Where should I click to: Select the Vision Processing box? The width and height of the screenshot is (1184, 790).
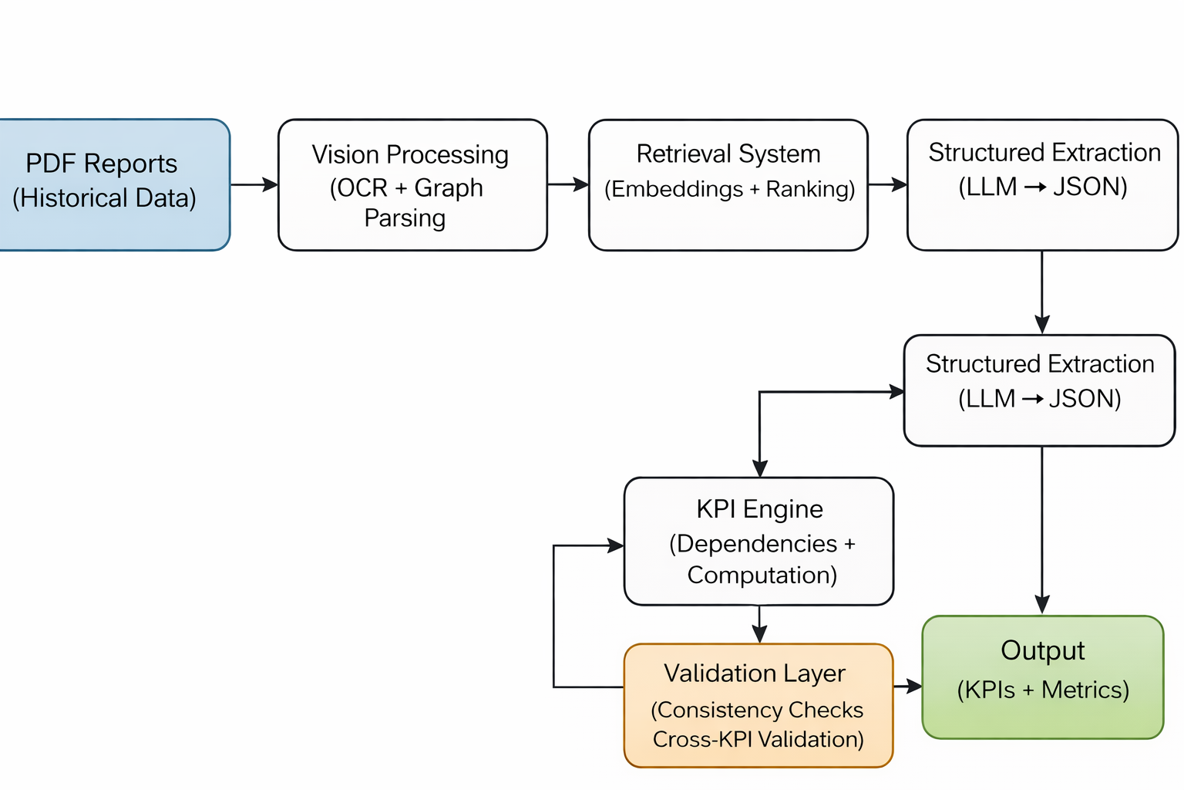click(412, 185)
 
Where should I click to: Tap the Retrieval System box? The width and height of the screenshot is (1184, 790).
click(728, 185)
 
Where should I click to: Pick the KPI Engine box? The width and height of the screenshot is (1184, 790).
click(758, 541)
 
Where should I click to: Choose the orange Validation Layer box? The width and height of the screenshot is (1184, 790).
click(758, 705)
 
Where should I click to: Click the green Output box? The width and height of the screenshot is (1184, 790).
click(1042, 677)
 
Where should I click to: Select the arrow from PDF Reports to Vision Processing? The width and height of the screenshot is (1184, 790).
click(254, 184)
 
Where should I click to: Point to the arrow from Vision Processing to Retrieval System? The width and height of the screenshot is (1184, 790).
click(567, 184)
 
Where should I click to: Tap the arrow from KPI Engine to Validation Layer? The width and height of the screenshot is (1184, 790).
click(759, 623)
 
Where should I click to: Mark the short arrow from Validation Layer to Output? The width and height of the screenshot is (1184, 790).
click(907, 686)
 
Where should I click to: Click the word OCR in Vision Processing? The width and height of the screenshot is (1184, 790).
click(362, 187)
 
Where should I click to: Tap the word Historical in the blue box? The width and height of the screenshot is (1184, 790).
click(70, 198)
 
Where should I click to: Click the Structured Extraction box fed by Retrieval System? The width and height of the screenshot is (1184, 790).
click(1042, 185)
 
